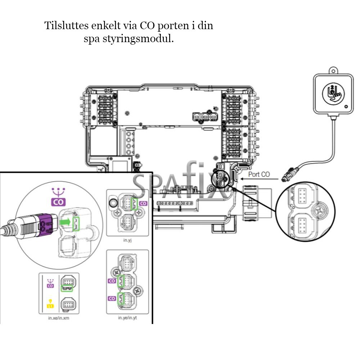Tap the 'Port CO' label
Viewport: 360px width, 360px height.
(259, 175)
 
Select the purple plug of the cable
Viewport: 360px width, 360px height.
(45, 225)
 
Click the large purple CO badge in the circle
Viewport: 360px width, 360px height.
(58, 202)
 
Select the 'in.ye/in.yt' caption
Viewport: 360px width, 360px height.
(128, 318)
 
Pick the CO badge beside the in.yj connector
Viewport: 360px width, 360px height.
(143, 203)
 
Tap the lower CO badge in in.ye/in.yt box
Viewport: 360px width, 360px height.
(112, 298)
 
